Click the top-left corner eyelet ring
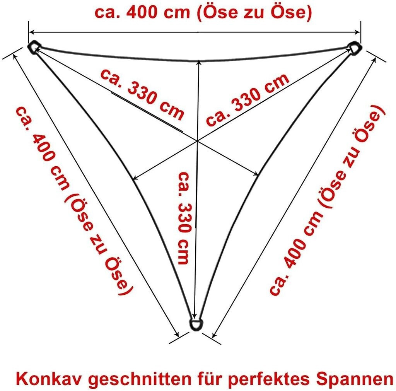pos(34,47)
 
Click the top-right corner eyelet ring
pos(355,48)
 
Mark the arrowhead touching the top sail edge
pos(198,62)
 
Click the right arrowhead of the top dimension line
pos(358,32)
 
